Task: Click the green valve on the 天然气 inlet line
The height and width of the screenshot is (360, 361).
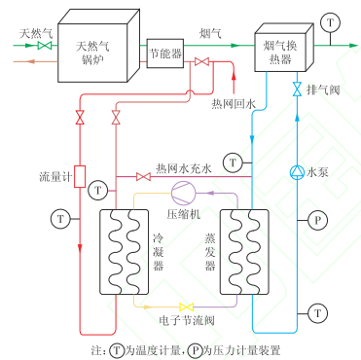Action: [x=44, y=46]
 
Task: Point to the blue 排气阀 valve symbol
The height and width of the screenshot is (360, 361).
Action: [x=297, y=90]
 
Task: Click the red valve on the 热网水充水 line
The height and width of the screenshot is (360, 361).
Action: [x=143, y=176]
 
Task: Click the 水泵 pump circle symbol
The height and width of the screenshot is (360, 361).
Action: [x=297, y=174]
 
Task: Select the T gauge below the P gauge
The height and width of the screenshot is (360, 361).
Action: [x=316, y=312]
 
